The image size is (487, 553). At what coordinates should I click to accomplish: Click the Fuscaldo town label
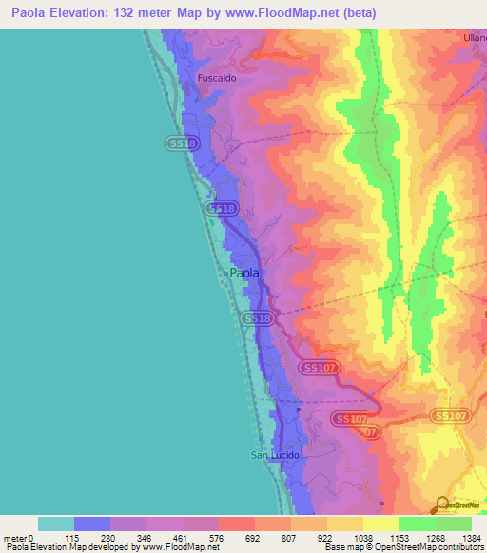tap(216, 78)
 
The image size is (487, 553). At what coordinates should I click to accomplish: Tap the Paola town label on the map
tap(244, 274)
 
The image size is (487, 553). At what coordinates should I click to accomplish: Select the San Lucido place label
tap(275, 456)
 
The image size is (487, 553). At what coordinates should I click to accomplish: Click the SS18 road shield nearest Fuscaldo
tap(182, 143)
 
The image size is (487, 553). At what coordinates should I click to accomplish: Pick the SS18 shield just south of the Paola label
tap(258, 319)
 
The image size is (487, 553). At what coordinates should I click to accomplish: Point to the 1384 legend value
tap(472, 538)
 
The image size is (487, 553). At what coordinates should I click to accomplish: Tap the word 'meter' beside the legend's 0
tap(14, 538)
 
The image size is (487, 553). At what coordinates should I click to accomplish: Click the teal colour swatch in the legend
tap(56, 524)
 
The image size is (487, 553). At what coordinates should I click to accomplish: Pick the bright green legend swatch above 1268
tap(418, 524)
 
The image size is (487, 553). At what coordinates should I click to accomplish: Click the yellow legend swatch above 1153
tap(381, 524)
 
